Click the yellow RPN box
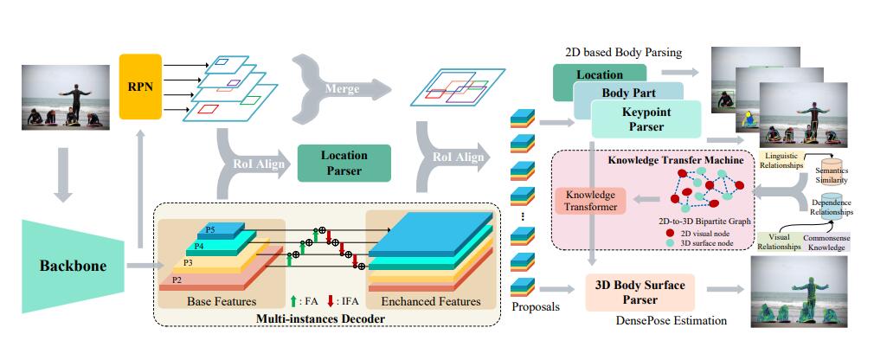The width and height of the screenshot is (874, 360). pos(139,87)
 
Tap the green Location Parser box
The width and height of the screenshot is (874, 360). pos(344,163)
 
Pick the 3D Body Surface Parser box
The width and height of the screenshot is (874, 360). pos(640,292)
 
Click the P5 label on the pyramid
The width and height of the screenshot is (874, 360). pos(210,230)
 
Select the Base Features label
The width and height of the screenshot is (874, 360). pos(222,301)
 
